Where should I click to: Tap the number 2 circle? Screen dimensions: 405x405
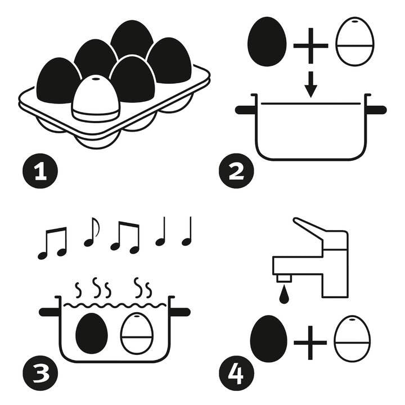pyautogui.click(x=237, y=171)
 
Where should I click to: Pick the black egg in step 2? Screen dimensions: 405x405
pyautogui.click(x=266, y=41)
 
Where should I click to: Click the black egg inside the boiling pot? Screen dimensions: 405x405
pyautogui.click(x=91, y=333)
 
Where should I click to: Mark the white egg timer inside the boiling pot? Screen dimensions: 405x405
pyautogui.click(x=137, y=333)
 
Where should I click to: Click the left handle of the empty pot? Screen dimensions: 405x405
pyautogui.click(x=245, y=110)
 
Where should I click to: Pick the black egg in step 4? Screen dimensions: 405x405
pyautogui.click(x=268, y=339)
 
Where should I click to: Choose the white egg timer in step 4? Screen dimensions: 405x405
pyautogui.click(x=352, y=339)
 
